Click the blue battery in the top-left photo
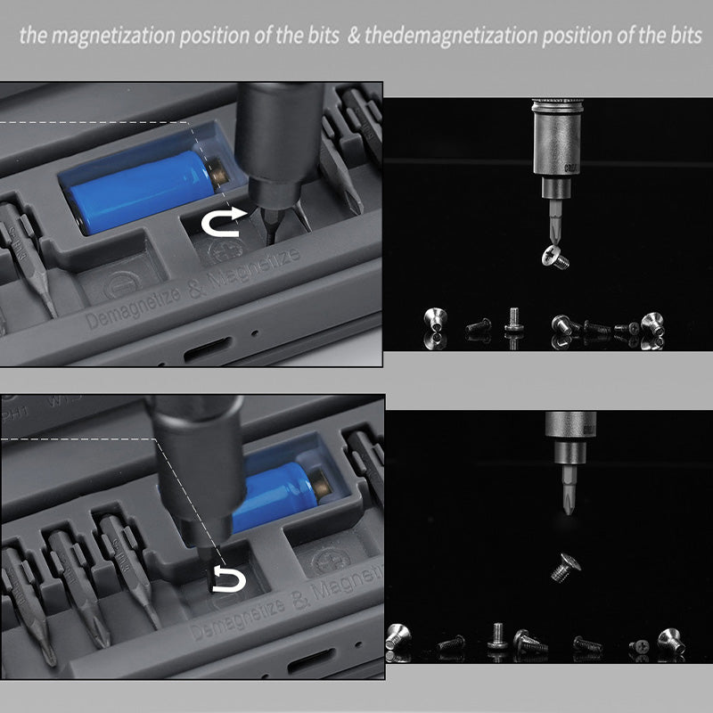tap(143, 190)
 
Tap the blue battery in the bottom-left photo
tap(276, 486)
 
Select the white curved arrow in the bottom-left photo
tap(227, 580)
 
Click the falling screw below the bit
tap(563, 564)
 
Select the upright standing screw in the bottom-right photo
tap(497, 638)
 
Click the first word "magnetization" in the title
tap(112, 37)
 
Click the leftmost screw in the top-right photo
tap(435, 324)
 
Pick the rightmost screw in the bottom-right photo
tap(669, 641)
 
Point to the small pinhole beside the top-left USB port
tap(256, 337)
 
